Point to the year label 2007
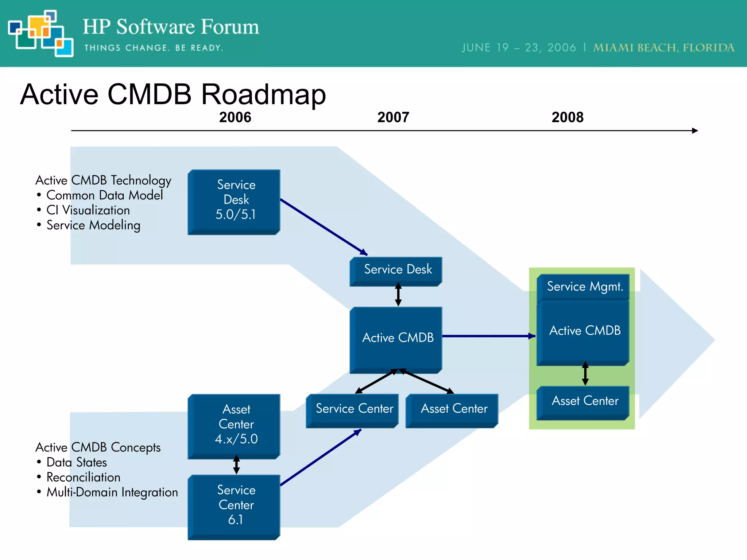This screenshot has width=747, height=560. coord(393,117)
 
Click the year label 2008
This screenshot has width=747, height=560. coord(567,117)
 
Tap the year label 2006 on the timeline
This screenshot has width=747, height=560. coord(235,117)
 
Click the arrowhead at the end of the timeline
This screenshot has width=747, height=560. coord(695,131)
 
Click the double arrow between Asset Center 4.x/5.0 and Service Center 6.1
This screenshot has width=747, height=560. coord(236,464)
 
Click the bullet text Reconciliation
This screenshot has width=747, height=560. coord(83,477)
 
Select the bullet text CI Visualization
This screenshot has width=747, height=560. coord(88,210)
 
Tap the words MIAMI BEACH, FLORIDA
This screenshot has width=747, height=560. coord(663,48)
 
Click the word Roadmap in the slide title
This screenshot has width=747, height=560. coord(263,94)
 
